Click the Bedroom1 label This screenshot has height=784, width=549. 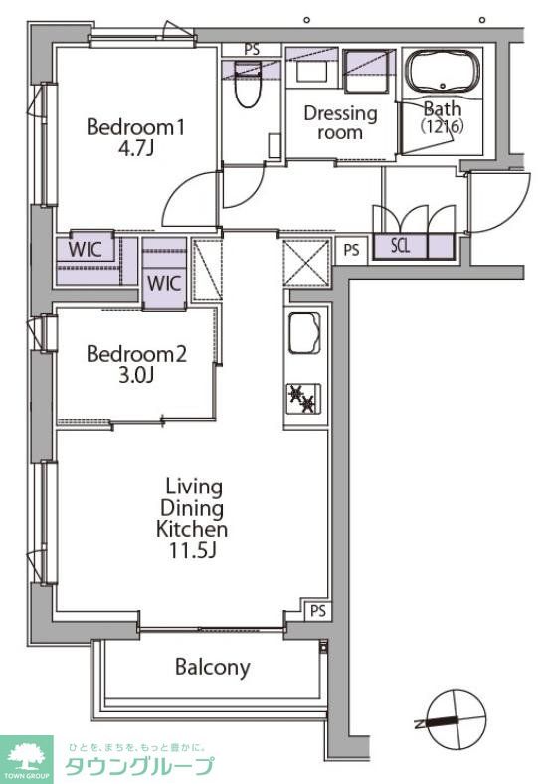pyautogui.click(x=135, y=127)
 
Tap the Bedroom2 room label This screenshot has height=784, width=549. pyautogui.click(x=136, y=354)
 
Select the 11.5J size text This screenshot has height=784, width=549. pyautogui.click(x=192, y=550)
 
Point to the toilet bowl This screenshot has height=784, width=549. pyautogui.click(x=248, y=85)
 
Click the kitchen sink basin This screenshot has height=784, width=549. pyautogui.click(x=304, y=332)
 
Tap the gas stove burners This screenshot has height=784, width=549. pyautogui.click(x=303, y=399)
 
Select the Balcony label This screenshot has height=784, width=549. pyautogui.click(x=213, y=667)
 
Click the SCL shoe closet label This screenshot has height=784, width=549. pyautogui.click(x=400, y=246)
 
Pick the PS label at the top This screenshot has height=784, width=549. pyautogui.click(x=252, y=50)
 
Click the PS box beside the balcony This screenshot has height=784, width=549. pyautogui.click(x=318, y=611)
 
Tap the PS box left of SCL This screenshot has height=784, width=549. pyautogui.click(x=351, y=250)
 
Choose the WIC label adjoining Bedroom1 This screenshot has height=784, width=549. pyautogui.click(x=85, y=249)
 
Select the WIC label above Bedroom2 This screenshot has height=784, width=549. pyautogui.click(x=164, y=283)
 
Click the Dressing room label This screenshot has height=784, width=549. pyautogui.click(x=340, y=123)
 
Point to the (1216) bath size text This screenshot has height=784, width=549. pyautogui.click(x=443, y=125)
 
